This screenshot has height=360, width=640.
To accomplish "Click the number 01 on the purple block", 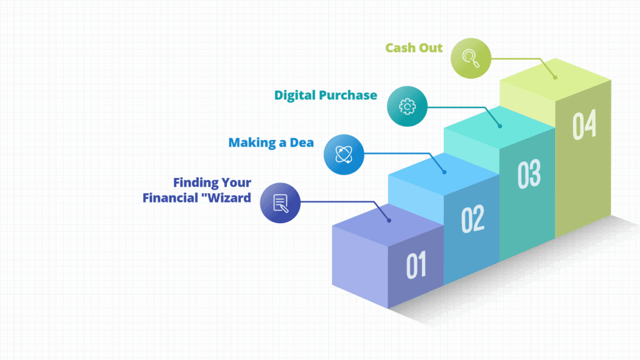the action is (x=416, y=265).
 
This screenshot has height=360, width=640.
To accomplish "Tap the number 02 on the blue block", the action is (x=472, y=219).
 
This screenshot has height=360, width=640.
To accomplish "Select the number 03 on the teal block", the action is (x=529, y=174).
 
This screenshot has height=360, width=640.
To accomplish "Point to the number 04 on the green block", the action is (x=584, y=124).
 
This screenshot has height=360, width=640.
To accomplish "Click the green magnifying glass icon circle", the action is (x=471, y=58).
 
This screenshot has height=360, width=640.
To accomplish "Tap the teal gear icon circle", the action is (x=407, y=106).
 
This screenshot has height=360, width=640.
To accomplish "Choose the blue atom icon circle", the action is (x=344, y=154).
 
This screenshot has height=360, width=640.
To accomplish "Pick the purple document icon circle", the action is (x=280, y=202).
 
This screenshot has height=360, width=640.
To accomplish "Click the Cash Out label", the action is (x=414, y=48).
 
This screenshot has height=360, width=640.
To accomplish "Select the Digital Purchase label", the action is (x=325, y=96).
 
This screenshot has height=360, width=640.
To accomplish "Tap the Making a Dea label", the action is (x=271, y=142).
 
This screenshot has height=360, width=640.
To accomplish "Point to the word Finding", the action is (x=195, y=183).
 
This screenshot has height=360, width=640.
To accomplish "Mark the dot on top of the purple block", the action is (x=389, y=221).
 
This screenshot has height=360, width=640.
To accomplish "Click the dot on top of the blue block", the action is (x=444, y=172).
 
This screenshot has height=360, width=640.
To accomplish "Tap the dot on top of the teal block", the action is (x=500, y=126).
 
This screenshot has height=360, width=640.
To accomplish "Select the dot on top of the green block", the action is (x=555, y=77).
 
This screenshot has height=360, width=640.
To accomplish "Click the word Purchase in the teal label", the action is (x=351, y=95).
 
